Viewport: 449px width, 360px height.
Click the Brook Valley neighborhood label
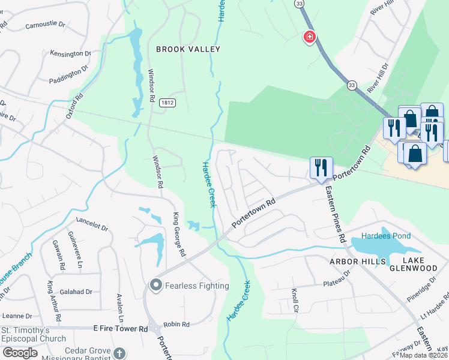188,49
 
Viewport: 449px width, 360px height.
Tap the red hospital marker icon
309,38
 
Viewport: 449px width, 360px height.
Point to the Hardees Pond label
386,236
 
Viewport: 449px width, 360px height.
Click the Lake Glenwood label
420,264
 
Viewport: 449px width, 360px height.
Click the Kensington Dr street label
70,54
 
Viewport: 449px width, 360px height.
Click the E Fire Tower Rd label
121,329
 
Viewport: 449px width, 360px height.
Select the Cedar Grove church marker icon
119,353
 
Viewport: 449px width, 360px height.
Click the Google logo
20,353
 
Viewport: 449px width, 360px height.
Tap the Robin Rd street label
176,324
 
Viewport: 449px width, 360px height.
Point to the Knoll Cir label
295,296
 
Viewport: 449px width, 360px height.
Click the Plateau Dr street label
337,278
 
